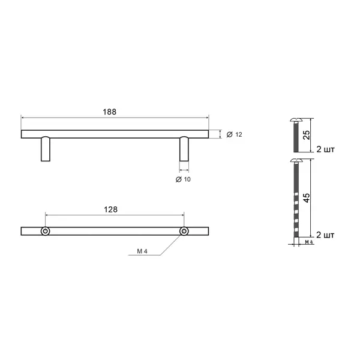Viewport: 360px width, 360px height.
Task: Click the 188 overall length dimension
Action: coord(110,112)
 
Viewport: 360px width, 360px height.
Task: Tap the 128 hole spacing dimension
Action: coord(110,209)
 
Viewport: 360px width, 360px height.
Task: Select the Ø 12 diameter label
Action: coord(234,134)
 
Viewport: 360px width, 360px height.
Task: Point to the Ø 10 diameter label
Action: coord(183,179)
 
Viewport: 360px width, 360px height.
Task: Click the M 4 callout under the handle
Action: coord(142,251)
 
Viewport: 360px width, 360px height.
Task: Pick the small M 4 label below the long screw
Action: coord(309,242)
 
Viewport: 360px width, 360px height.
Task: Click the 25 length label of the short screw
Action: coord(307,135)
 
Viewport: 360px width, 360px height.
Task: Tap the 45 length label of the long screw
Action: coord(307,198)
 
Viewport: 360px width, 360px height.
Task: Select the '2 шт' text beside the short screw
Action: coord(326,149)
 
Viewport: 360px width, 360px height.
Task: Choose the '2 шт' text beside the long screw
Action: coord(325,235)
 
